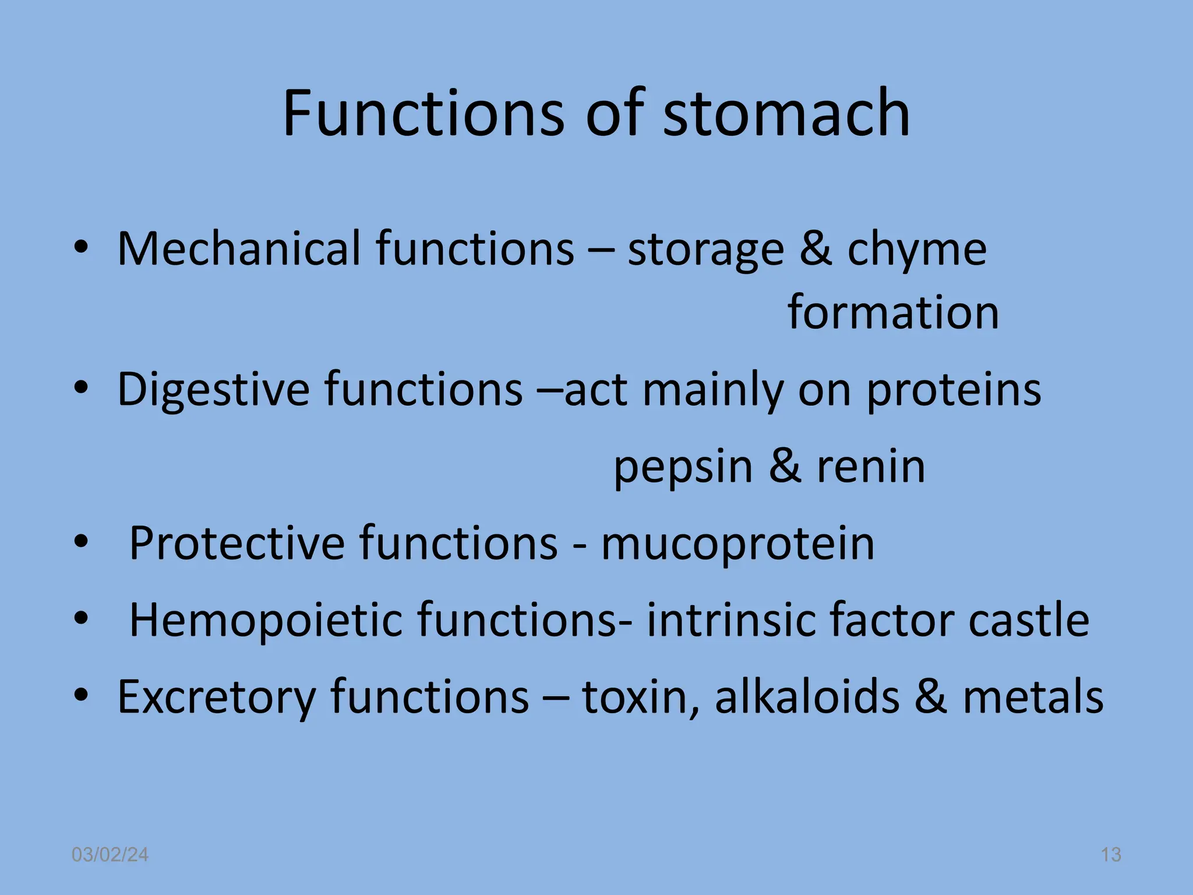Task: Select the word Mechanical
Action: click(239, 249)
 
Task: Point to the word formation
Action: click(893, 312)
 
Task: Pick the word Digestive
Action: click(213, 389)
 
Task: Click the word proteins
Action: click(954, 389)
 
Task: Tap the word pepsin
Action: click(683, 467)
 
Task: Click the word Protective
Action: click(237, 543)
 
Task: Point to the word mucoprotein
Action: click(737, 544)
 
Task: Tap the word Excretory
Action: click(216, 697)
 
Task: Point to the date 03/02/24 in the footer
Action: click(110, 855)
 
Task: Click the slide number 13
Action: click(1111, 855)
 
